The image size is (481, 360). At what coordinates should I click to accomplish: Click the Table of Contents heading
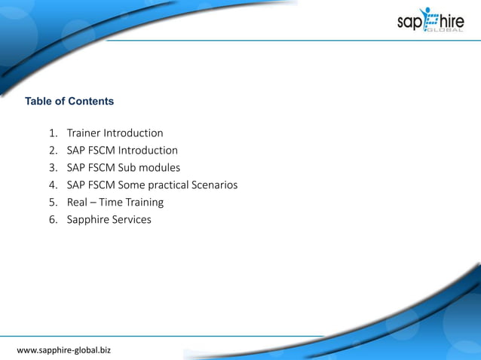pos(69,101)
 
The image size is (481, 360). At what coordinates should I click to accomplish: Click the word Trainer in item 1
pos(84,133)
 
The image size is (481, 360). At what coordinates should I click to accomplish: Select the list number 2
pos(54,151)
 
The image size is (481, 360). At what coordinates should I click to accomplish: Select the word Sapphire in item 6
pos(88,220)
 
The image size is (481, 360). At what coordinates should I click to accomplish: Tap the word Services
pos(132,220)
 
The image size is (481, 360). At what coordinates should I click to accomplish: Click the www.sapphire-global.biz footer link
pos(63,350)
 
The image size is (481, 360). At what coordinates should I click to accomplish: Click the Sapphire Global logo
pos(430,20)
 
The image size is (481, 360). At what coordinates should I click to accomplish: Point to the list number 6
pos(54,220)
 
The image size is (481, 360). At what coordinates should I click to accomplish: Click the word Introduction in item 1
pos(134,133)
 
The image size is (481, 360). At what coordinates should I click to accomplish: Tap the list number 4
pos(54,185)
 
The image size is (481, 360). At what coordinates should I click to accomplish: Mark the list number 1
pos(54,133)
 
